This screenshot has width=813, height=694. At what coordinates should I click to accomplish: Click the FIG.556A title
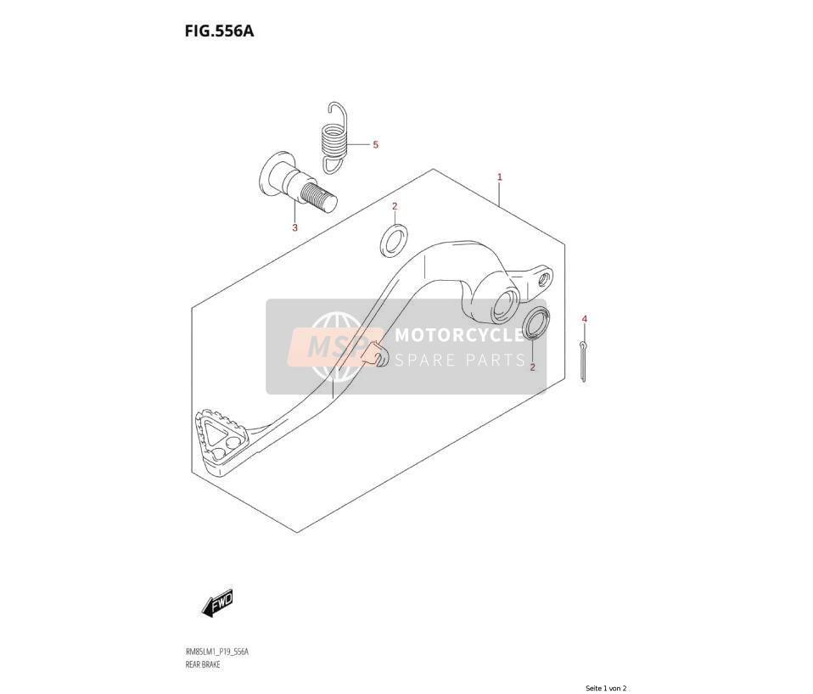pos(219,31)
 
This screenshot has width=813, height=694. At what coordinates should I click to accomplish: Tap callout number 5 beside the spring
pos(375,144)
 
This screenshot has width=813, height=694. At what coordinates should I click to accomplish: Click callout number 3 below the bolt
pos(295,227)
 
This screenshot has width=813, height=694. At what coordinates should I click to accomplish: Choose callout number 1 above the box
pos(500,177)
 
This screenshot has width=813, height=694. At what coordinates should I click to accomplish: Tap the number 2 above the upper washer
pos(395,206)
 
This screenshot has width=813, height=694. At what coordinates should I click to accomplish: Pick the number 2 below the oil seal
pos(532,367)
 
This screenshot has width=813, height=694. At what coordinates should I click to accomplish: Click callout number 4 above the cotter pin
pos(585,319)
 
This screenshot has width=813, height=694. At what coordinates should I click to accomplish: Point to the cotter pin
pos(584,361)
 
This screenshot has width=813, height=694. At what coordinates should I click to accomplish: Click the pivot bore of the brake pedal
pos(504,305)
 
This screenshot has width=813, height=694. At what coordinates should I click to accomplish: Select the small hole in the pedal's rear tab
pos(544,279)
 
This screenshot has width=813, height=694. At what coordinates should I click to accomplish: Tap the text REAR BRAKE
pos(202,664)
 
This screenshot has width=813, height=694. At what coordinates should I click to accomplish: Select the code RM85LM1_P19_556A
pos(216,652)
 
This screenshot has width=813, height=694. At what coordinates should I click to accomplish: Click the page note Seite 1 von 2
pos(606,688)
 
